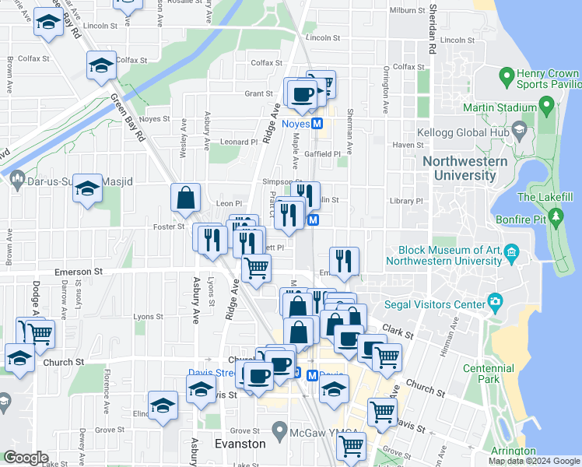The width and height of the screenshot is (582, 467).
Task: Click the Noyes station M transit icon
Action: [x=317, y=124]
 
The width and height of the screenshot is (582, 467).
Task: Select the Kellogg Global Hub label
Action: [x=465, y=133]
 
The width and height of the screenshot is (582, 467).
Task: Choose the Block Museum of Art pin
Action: [x=511, y=251]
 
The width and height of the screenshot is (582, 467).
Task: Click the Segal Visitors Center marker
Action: [x=494, y=300]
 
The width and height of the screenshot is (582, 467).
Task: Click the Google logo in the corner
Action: [x=26, y=458]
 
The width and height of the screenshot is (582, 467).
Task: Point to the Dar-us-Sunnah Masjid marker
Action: [x=17, y=181]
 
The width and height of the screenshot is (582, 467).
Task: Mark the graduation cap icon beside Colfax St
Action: [x=100, y=66]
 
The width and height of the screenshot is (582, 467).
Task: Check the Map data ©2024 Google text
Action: [x=534, y=461]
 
